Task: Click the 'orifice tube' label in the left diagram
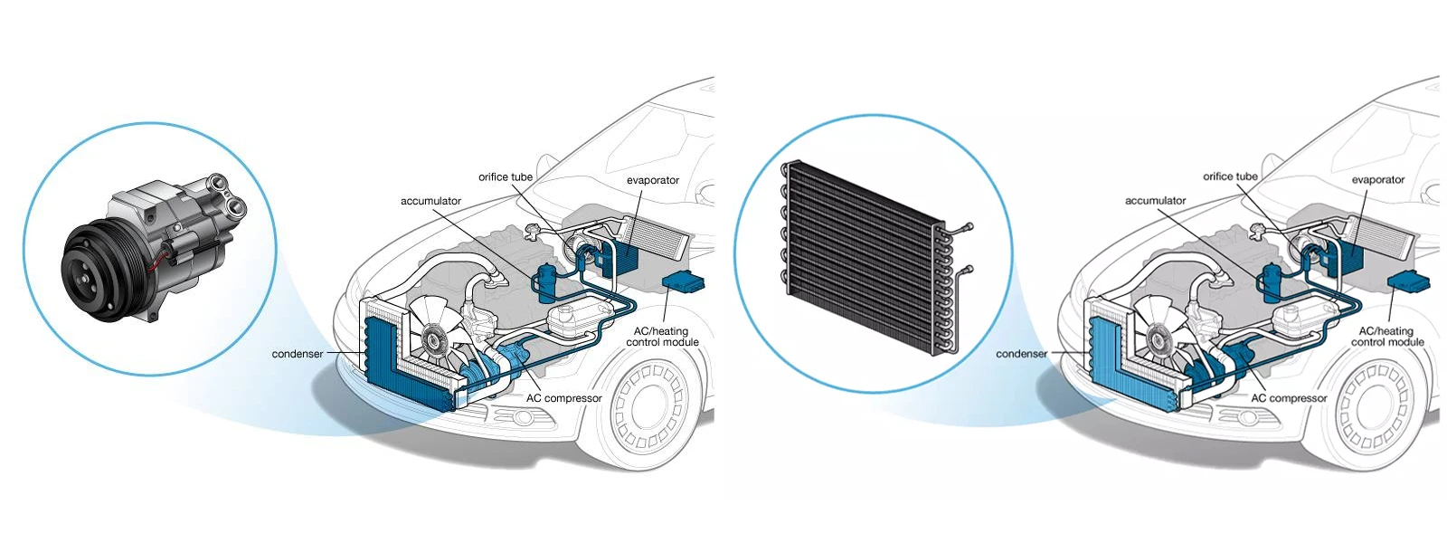(506, 176)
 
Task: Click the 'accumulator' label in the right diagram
(1155, 201)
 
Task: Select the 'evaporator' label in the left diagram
(652, 180)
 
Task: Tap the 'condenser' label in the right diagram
(1021, 354)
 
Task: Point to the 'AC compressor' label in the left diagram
(563, 398)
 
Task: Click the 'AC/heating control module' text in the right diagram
(1386, 337)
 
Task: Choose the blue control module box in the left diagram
(683, 281)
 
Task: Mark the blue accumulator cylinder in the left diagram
(545, 282)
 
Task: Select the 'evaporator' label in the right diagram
(1377, 180)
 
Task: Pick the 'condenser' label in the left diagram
(297, 354)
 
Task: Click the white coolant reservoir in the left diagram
(572, 320)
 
